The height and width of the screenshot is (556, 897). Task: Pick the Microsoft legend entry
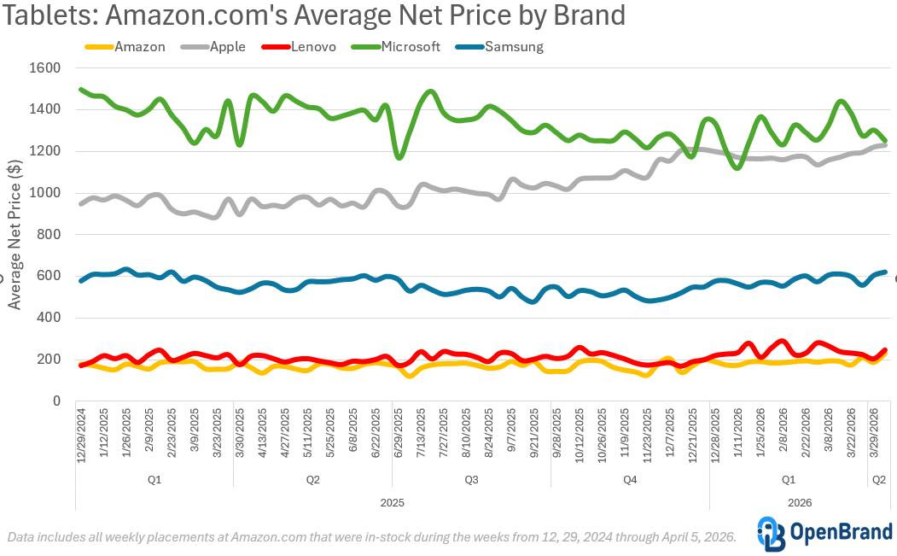[x=411, y=47]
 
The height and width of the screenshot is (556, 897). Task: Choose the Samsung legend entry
[x=513, y=47]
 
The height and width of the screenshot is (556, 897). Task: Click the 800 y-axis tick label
[x=47, y=235]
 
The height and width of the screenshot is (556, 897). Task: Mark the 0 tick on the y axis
[x=55, y=401]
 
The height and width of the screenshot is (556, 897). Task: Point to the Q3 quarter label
[x=471, y=480]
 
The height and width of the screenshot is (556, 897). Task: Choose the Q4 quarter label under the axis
[x=630, y=480]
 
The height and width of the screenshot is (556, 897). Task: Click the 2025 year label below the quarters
[x=392, y=502]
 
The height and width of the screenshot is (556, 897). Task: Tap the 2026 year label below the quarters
[x=800, y=502]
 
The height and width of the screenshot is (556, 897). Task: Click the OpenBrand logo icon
[x=770, y=534]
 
